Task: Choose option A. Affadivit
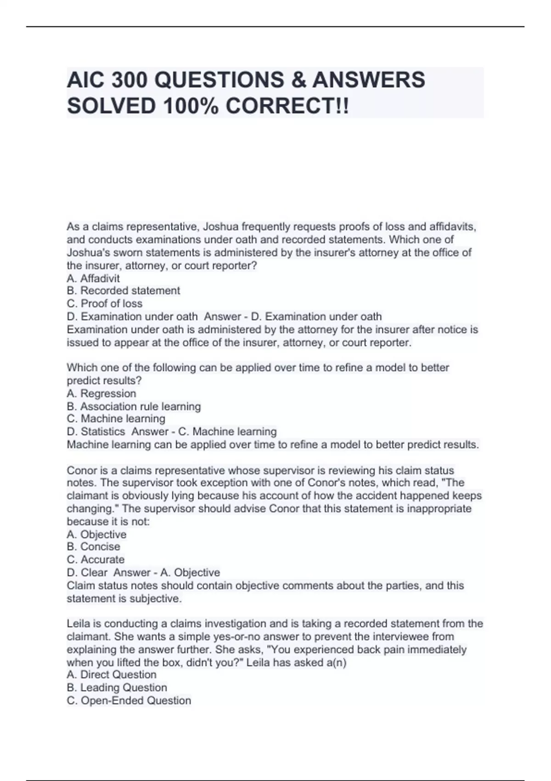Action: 93,278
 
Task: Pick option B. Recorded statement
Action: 124,291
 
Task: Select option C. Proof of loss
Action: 105,304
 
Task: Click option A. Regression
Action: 101,394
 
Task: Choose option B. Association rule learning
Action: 134,407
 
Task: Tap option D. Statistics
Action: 96,432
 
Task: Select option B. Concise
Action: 93,547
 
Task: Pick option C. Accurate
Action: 96,560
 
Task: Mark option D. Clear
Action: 87,573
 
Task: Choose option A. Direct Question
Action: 112,674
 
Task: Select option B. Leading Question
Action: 117,688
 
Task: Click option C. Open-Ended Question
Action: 129,701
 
